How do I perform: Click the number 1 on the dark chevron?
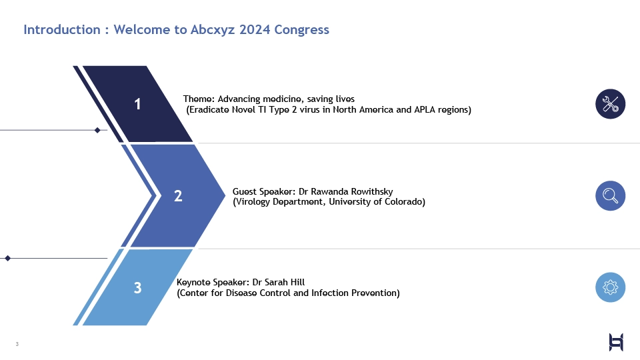tap(137, 104)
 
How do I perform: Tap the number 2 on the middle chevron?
tap(178, 196)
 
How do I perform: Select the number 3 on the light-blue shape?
tap(137, 288)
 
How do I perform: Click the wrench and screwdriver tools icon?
tap(610, 104)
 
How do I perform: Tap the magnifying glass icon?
tap(610, 195)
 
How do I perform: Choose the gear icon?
tap(610, 287)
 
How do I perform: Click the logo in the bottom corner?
tap(616, 342)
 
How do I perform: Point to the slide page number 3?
tap(17, 344)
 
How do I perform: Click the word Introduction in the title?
tap(61, 29)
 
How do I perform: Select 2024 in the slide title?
tap(255, 29)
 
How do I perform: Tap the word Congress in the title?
tap(301, 30)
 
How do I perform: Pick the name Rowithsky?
tap(372, 191)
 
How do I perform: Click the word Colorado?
tap(405, 201)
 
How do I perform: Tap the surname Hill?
tap(297, 283)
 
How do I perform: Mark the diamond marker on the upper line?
tap(97, 130)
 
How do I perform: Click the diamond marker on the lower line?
tap(7, 259)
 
